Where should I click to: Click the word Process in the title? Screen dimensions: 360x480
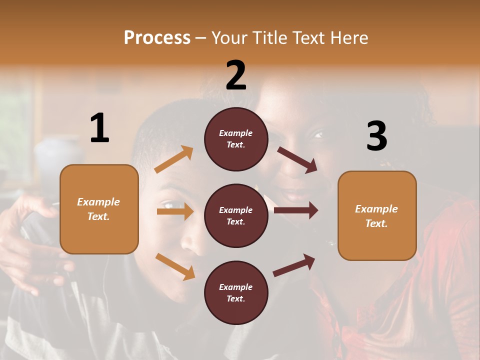point(157,38)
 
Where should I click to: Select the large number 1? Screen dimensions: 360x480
point(99,128)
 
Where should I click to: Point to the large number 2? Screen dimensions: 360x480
point(236,75)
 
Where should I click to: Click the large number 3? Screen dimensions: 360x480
point(376,136)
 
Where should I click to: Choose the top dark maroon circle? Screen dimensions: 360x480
point(236,139)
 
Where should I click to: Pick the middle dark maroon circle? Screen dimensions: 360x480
point(236,215)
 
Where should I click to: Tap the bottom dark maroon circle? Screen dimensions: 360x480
point(236,292)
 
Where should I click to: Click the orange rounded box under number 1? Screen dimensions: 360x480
point(99,209)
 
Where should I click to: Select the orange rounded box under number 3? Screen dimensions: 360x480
point(377,215)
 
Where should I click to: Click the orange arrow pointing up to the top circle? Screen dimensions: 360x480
point(174,159)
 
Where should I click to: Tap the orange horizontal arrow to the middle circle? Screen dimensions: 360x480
point(175,211)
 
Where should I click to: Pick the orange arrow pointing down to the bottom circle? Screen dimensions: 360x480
point(175,266)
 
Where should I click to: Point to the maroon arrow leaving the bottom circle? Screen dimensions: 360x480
point(294,265)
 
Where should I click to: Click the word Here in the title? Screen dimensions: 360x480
point(348,38)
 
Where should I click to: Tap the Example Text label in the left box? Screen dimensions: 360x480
point(98,209)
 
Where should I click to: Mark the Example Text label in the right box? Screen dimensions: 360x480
point(376,216)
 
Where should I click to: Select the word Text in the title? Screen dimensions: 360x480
point(307,38)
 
